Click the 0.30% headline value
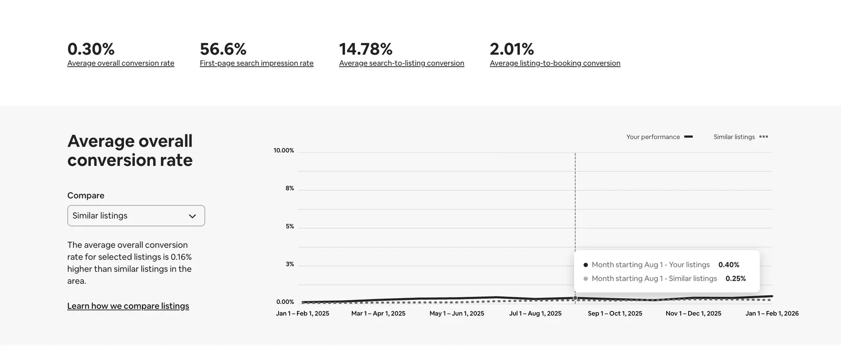(x=91, y=49)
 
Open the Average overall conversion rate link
(x=120, y=63)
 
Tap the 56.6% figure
(x=223, y=49)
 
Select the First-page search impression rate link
(x=256, y=63)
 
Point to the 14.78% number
(x=366, y=49)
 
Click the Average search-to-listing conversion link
(x=401, y=63)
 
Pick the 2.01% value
(x=512, y=49)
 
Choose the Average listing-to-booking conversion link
(x=555, y=63)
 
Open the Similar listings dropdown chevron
(x=192, y=216)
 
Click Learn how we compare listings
(x=128, y=306)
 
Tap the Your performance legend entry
(x=659, y=137)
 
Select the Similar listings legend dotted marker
(x=763, y=137)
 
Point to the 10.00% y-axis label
(x=283, y=150)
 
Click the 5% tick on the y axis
(x=290, y=226)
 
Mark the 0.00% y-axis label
(x=285, y=302)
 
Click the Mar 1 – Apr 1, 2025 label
(x=378, y=314)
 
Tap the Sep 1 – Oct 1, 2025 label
(x=615, y=314)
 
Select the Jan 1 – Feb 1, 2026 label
(x=772, y=314)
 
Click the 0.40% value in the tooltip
(x=728, y=265)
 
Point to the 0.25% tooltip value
(x=735, y=279)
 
